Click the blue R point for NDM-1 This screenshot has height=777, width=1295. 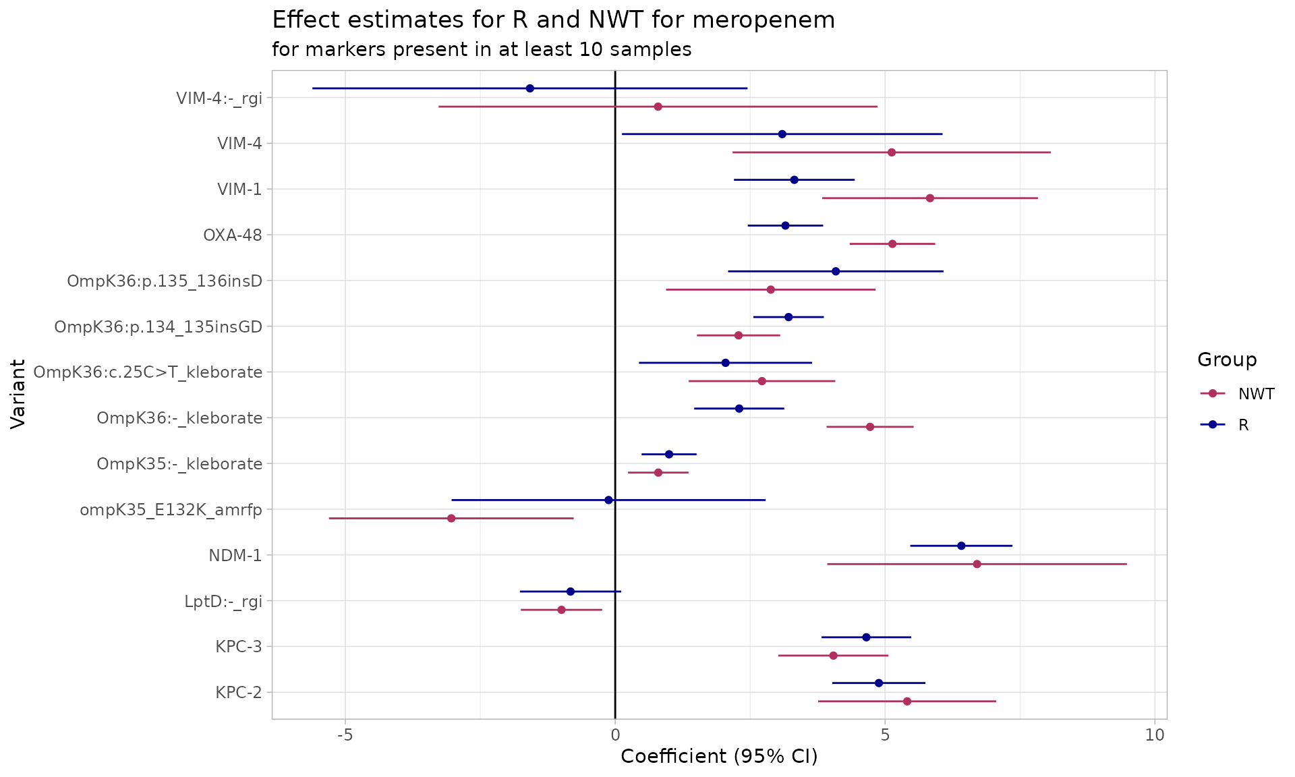[x=961, y=546]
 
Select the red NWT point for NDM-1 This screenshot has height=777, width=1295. [x=977, y=564]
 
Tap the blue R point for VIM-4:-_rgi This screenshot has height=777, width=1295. [x=529, y=88]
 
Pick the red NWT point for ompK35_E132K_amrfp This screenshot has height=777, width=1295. [x=451, y=518]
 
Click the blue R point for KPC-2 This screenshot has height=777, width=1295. [x=878, y=683]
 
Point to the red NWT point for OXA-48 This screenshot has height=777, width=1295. [x=892, y=243]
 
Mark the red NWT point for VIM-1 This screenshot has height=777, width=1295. [x=929, y=198]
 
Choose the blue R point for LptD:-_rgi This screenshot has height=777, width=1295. [x=570, y=592]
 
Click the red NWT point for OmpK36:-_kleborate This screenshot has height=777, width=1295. [x=869, y=427]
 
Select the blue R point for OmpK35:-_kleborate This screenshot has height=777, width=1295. [x=668, y=454]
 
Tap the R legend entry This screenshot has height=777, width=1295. [x=1243, y=425]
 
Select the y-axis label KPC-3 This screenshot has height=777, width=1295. [x=239, y=647]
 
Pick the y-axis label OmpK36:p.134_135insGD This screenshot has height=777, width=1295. [x=158, y=327]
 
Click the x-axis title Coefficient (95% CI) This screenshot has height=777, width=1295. [x=719, y=757]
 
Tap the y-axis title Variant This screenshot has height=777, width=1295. [x=18, y=394]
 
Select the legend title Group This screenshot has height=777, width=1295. [x=1227, y=360]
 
